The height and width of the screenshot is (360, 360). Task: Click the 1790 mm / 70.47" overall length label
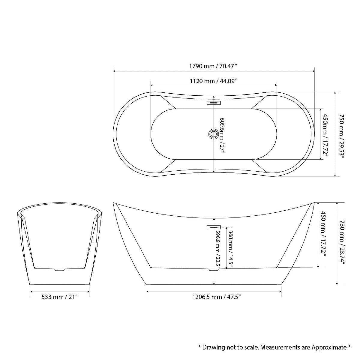click(214, 66)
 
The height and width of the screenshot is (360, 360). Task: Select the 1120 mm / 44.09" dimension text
click(214, 81)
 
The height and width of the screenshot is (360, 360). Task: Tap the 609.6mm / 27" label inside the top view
click(222, 135)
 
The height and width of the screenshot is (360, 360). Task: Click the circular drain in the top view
click(214, 134)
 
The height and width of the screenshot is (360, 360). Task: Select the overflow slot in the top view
click(214, 103)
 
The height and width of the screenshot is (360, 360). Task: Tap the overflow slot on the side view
click(214, 227)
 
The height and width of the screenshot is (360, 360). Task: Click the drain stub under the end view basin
click(60, 270)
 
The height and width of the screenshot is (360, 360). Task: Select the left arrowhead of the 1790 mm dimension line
click(114, 71)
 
